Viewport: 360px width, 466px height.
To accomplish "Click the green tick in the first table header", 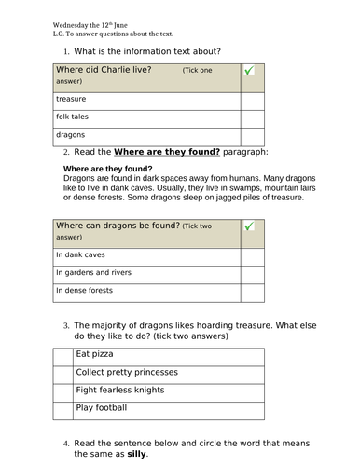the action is tap(248, 71).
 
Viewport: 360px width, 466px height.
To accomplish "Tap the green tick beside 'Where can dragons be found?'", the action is tap(248, 226).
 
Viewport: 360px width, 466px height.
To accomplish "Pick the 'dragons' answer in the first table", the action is tap(71, 135).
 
